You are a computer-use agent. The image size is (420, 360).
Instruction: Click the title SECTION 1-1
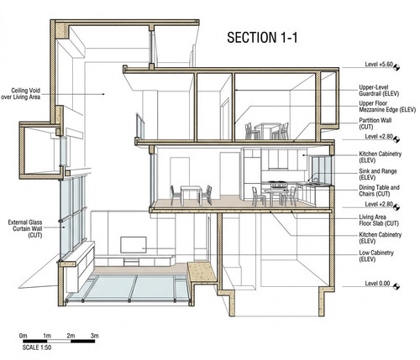coord(262,38)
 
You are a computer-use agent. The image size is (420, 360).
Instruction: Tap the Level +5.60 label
coord(379,65)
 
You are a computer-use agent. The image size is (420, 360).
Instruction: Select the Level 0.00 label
coord(377,284)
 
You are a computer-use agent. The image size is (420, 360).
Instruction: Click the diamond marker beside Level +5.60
coord(396,67)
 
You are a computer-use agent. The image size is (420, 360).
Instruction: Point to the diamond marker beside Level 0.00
coord(396,286)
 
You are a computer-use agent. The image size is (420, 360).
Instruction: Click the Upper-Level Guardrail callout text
coord(379,91)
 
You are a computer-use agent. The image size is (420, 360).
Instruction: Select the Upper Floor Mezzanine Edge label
coord(387,107)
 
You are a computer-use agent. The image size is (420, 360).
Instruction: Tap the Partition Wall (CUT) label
coord(375,123)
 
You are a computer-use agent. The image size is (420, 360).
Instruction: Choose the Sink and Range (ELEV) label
coord(378,175)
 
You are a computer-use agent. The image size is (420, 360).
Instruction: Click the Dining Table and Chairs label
coord(379,190)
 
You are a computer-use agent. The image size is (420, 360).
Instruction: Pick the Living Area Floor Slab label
coord(379,220)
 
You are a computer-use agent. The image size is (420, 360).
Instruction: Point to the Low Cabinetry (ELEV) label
coord(376,256)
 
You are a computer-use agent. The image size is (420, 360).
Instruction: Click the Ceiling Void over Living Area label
coord(21,94)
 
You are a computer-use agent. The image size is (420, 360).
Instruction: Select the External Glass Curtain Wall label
coord(25,229)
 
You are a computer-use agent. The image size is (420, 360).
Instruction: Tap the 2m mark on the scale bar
coord(71,336)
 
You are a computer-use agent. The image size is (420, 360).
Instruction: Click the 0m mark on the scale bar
coord(24,336)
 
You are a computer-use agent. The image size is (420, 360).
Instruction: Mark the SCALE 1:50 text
coord(37,347)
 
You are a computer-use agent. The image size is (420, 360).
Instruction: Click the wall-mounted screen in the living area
coord(134,245)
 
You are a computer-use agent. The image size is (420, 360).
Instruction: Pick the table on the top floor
coord(268,130)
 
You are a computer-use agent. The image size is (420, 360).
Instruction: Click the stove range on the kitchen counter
coord(277,184)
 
